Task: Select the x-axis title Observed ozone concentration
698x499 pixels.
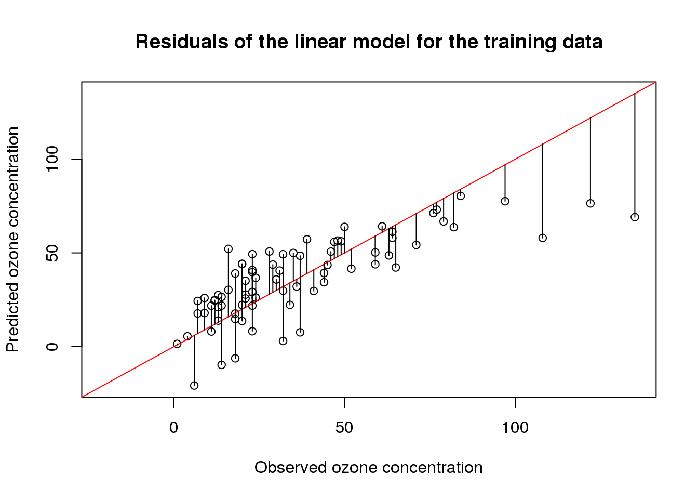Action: pos(368,467)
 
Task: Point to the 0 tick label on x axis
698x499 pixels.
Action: pos(173,428)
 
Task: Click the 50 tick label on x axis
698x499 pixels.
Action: pos(344,428)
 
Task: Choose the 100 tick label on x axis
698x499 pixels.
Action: pos(515,428)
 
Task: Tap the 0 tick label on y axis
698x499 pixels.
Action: pos(52,347)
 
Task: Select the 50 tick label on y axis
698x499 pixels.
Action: pos(52,253)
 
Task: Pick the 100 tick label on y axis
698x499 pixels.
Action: pos(52,159)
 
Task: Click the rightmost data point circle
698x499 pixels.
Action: pos(635,217)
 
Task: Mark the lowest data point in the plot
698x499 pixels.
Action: pos(194,385)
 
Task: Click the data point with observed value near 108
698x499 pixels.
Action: pos(543,238)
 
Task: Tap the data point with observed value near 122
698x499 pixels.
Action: pos(590,203)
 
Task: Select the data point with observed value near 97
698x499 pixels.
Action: pos(505,201)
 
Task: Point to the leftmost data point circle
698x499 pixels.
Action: pos(177,344)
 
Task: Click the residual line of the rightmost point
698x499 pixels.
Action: pos(635,156)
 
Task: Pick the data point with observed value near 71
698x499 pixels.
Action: pos(416,245)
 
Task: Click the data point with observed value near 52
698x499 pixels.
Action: pos(351,269)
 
